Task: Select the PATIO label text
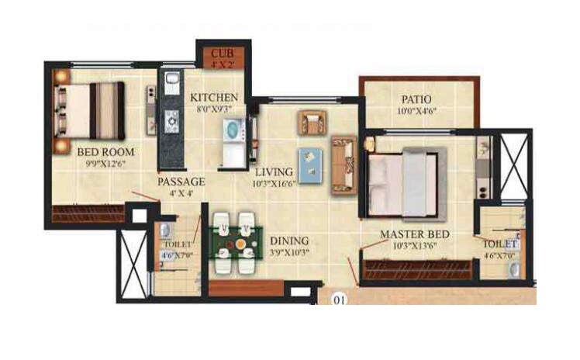(x=416, y=99)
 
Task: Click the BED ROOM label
(x=106, y=152)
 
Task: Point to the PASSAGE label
(x=181, y=182)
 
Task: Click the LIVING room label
(x=274, y=171)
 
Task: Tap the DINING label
(x=289, y=241)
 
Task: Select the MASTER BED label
(x=415, y=234)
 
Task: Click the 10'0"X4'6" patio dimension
(x=416, y=112)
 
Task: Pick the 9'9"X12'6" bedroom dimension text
(x=106, y=164)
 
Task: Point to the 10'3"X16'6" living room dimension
(x=274, y=184)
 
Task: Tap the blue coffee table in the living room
(x=311, y=165)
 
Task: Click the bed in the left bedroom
(x=89, y=110)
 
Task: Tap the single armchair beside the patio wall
(x=312, y=123)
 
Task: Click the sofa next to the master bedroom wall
(x=343, y=164)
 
